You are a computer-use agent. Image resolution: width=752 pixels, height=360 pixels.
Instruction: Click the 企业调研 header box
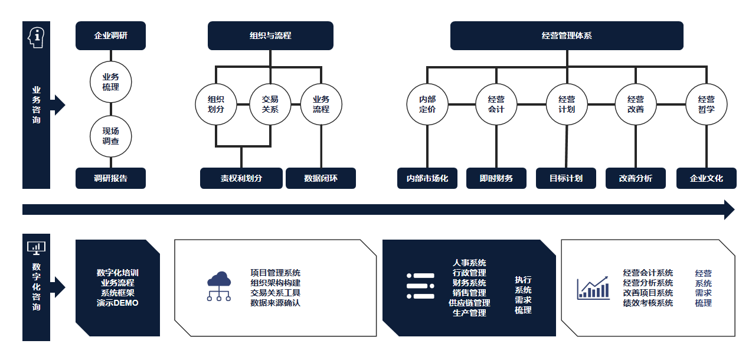tap(110, 35)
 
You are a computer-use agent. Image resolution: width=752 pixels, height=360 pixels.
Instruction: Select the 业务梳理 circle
tap(110, 82)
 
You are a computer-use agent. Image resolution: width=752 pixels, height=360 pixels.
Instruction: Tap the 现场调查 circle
tap(110, 136)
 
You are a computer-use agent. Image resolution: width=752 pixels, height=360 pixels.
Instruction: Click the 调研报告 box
tap(110, 178)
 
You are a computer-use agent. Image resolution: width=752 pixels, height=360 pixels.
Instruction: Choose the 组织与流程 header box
tap(270, 35)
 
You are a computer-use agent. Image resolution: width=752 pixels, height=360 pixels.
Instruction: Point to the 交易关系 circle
tap(270, 104)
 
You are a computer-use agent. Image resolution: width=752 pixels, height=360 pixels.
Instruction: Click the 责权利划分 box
tap(241, 178)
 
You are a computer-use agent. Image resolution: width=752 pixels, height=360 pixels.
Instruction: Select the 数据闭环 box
tap(321, 178)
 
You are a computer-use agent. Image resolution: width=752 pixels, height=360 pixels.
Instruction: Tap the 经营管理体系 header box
tap(567, 35)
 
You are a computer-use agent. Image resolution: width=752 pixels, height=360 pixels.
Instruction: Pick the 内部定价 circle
tap(427, 104)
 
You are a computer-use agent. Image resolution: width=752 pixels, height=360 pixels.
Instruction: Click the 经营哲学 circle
tap(706, 104)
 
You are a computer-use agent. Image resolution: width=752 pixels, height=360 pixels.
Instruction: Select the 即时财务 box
tap(496, 178)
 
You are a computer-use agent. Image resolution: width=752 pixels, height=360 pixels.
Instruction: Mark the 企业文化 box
tap(706, 178)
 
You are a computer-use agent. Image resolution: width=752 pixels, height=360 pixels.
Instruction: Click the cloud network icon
tap(219, 286)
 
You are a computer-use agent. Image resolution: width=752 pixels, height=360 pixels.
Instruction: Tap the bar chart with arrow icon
tap(593, 288)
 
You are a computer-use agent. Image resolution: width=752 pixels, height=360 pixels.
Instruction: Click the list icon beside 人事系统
tap(420, 286)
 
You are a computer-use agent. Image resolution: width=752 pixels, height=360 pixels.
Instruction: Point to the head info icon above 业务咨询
tap(36, 37)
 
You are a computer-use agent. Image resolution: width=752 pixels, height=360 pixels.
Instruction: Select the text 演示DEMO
tap(117, 303)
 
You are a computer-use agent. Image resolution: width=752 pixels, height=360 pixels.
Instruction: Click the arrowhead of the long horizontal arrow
tap(728, 210)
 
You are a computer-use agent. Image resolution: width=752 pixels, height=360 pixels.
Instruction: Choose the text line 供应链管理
tap(469, 303)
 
